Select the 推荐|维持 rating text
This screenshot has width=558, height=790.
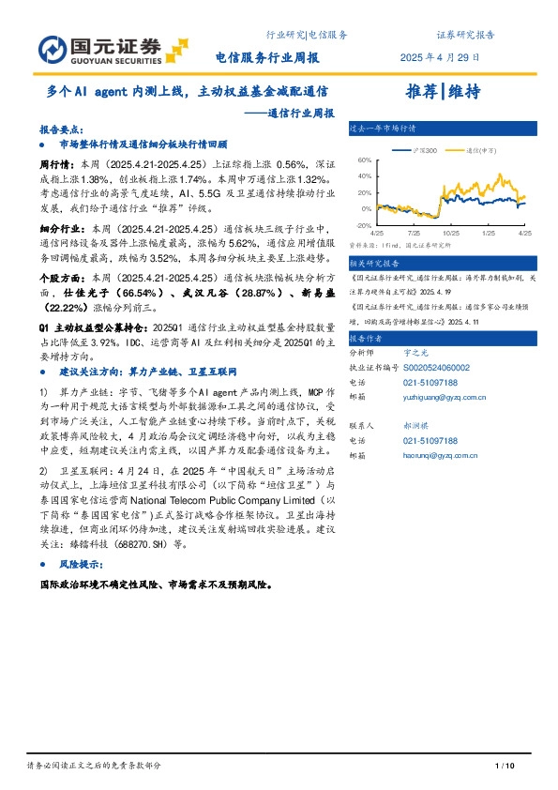[x=443, y=91]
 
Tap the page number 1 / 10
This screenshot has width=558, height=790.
[x=505, y=767]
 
